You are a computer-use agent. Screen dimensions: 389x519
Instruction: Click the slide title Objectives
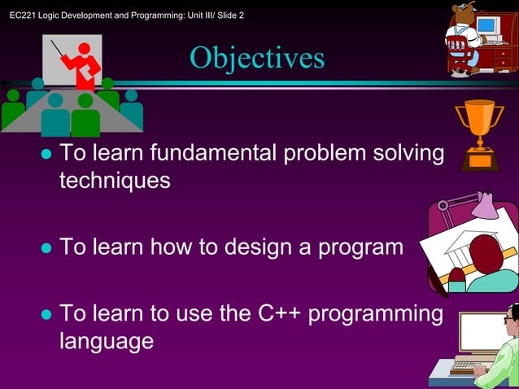click(257, 58)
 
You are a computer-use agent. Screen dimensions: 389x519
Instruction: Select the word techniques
click(115, 181)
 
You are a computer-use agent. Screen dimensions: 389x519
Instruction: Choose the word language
click(107, 341)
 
